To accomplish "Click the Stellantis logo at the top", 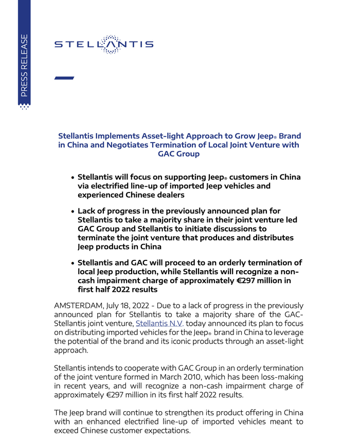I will [x=104, y=44].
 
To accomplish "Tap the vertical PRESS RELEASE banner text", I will [x=24, y=65].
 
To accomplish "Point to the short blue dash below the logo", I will [x=64, y=78].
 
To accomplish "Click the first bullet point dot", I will [x=74, y=178].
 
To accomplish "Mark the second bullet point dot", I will [x=74, y=212].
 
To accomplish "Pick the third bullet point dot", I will [x=74, y=263].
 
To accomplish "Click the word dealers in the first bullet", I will [x=165, y=195].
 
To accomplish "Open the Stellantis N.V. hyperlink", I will [x=159, y=324].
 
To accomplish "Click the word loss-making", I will [x=279, y=377].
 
